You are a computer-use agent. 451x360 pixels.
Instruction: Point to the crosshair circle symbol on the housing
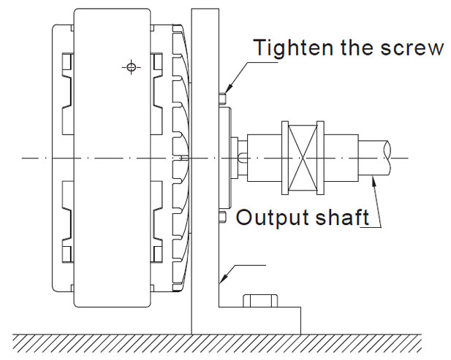click(131, 68)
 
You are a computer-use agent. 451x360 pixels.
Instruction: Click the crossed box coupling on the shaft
click(302, 156)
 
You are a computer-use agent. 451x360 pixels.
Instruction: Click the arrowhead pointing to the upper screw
click(227, 89)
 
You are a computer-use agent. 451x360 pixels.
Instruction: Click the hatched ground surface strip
click(219, 342)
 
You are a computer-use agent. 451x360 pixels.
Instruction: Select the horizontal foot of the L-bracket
click(259, 321)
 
